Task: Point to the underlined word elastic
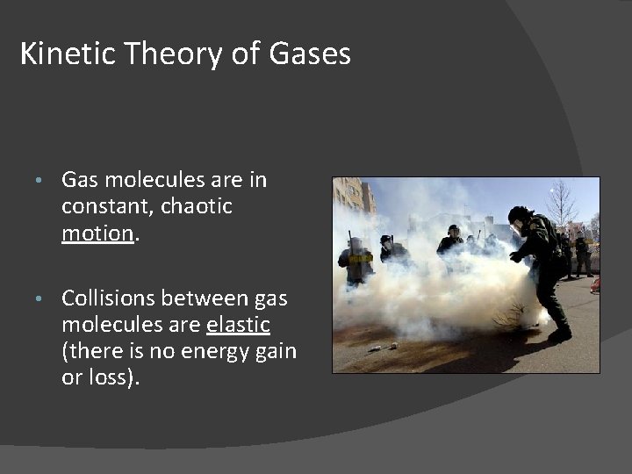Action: [x=238, y=325]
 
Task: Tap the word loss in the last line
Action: [x=111, y=378]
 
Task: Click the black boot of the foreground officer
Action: [x=559, y=334]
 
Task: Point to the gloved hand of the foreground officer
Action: [x=515, y=257]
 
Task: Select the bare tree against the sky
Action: [x=560, y=203]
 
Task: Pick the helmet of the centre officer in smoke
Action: [x=453, y=230]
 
